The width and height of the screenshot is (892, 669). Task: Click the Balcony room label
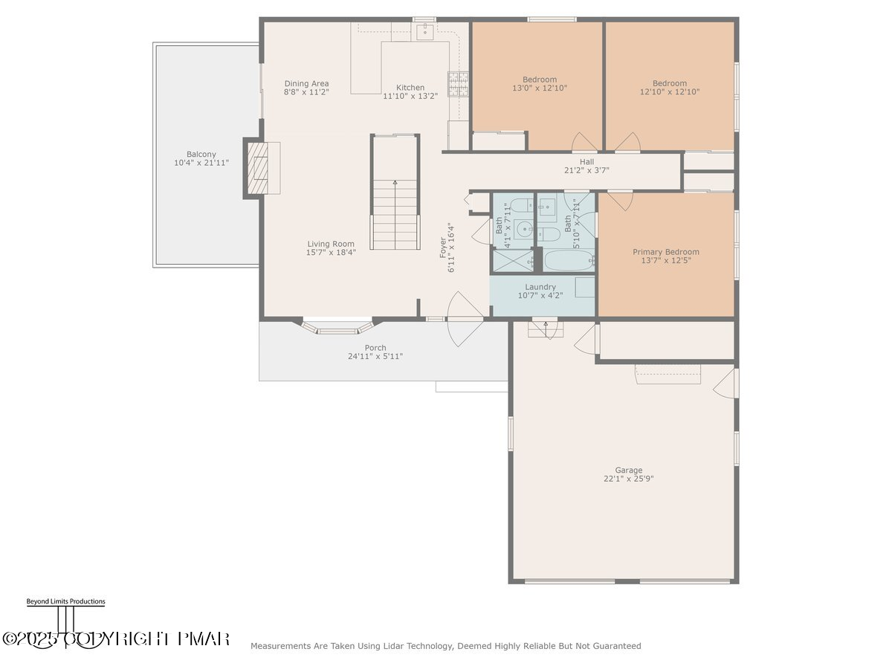tap(201, 155)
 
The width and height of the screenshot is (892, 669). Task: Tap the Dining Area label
tap(306, 83)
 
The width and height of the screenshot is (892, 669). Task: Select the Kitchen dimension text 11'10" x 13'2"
tap(410, 97)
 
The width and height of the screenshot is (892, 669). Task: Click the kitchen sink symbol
tap(425, 31)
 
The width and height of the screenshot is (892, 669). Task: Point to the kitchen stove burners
tap(458, 84)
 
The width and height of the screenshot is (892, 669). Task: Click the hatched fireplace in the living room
tap(258, 168)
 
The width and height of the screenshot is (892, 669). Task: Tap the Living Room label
tap(331, 244)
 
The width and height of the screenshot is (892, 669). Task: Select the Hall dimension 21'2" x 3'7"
tap(586, 170)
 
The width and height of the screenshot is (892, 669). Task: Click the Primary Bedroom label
tap(665, 252)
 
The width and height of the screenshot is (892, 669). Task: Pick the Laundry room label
tap(540, 287)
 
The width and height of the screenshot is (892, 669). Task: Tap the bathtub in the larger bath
tap(569, 260)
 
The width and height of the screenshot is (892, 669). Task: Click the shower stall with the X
tap(513, 261)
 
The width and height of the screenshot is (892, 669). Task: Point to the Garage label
tap(628, 471)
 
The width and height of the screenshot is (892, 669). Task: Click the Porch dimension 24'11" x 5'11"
tap(375, 356)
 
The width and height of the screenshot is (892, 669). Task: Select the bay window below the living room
tap(337, 327)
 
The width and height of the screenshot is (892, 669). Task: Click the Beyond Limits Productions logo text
tap(66, 601)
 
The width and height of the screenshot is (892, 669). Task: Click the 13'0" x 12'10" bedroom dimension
tap(539, 88)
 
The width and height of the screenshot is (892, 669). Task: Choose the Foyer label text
tap(443, 248)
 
